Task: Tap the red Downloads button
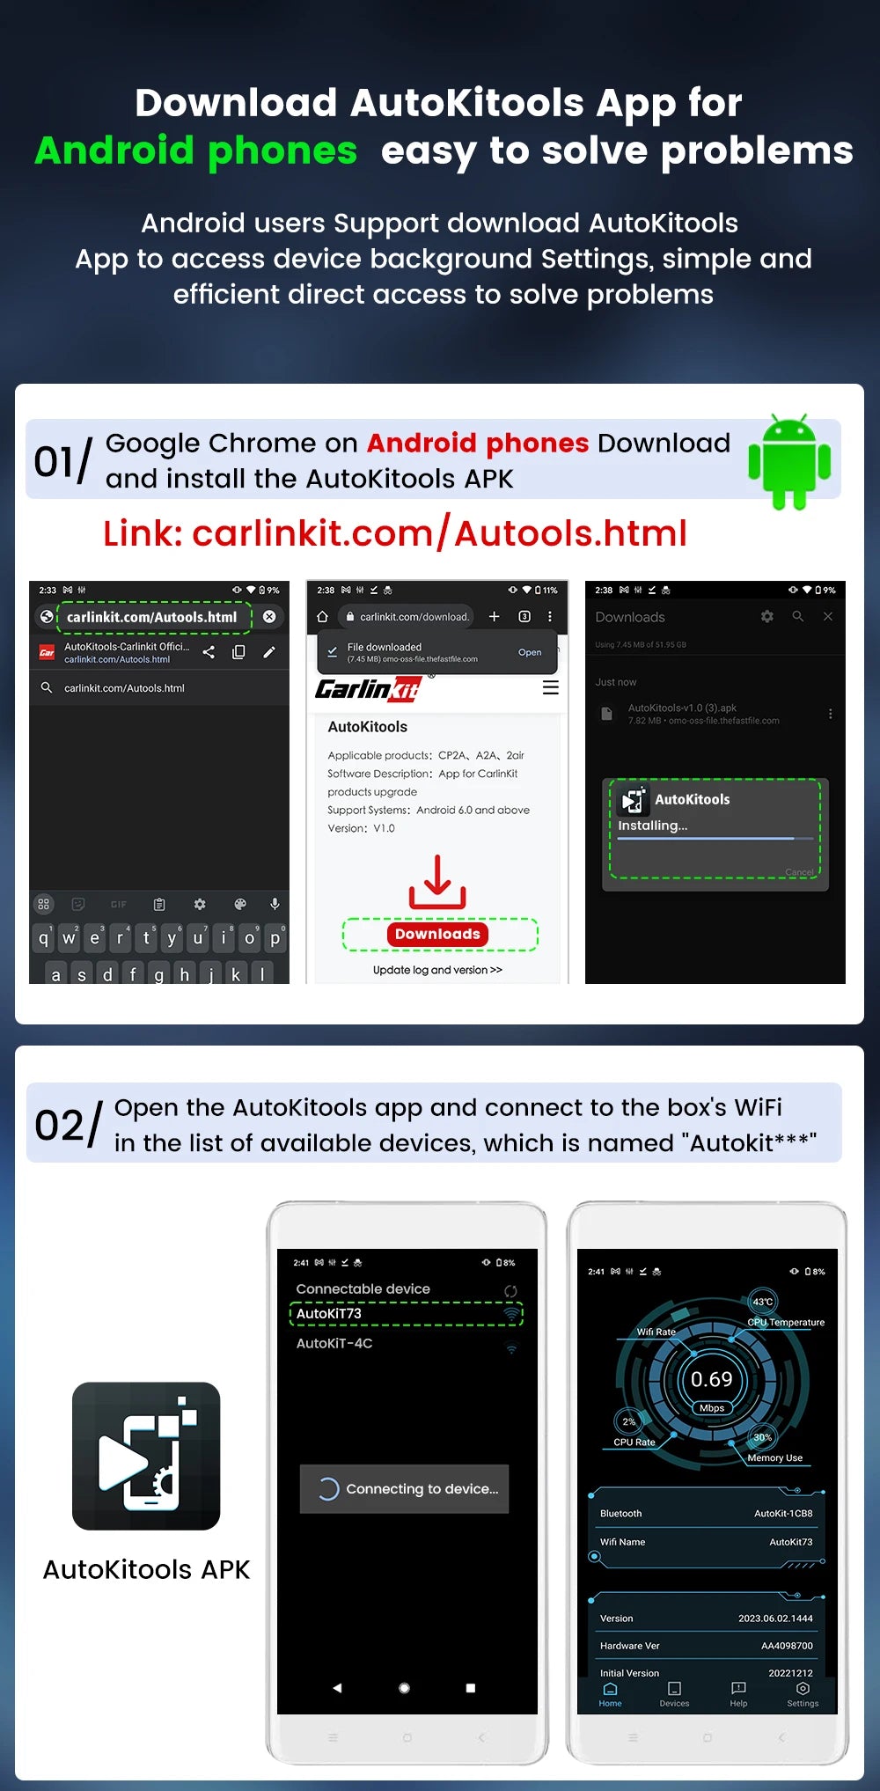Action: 437,934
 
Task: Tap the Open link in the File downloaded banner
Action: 530,652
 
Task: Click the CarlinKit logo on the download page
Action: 368,689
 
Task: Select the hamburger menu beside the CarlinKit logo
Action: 551,688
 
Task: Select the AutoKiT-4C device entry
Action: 334,1343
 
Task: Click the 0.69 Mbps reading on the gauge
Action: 711,1380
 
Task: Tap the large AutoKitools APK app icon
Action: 146,1456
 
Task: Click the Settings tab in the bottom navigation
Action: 803,1694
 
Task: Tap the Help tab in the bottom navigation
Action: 738,1694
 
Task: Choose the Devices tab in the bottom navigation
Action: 674,1694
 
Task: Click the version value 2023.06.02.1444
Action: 775,1619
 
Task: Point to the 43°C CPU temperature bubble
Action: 762,1302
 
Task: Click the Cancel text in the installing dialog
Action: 799,872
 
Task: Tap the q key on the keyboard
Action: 43,938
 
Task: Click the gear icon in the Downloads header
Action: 767,617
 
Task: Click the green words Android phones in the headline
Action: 196,150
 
